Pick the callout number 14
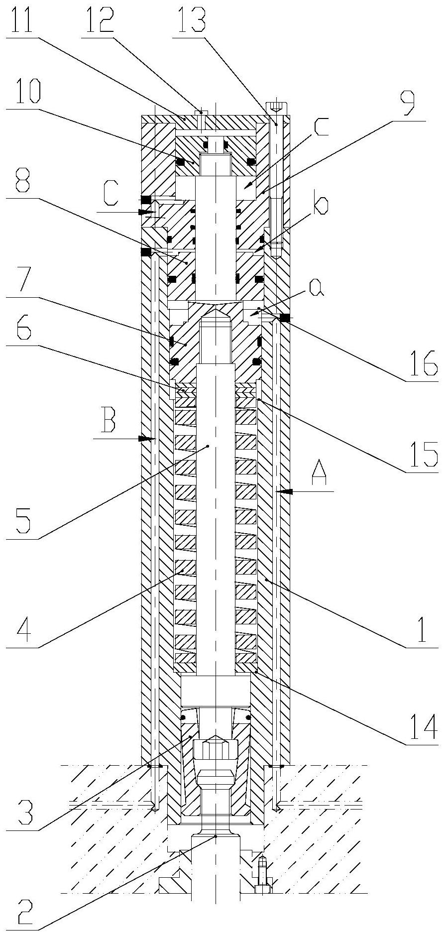[422, 726]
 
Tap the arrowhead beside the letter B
[146, 439]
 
